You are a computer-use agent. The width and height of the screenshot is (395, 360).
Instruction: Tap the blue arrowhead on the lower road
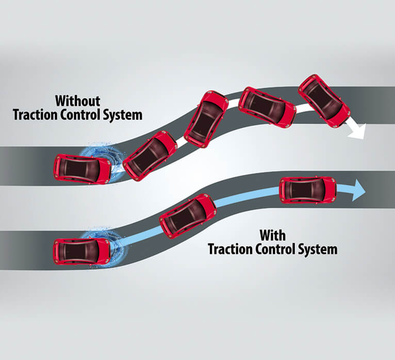pos(358,191)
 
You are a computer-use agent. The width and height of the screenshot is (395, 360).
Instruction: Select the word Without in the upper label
pos(77,100)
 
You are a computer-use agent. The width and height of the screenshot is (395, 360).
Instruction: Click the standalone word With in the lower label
pos(272,235)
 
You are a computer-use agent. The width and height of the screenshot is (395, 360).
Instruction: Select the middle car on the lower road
pos(188,216)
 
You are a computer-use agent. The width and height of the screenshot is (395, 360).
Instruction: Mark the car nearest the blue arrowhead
pos(307,190)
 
